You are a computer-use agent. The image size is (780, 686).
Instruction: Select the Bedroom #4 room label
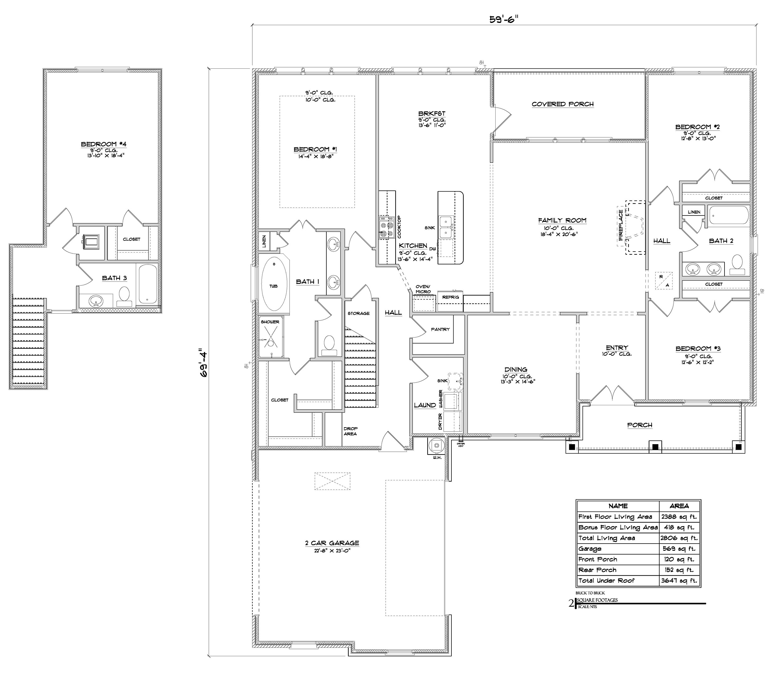pyautogui.click(x=103, y=144)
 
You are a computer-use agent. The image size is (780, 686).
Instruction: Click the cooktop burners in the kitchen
pyautogui.click(x=386, y=228)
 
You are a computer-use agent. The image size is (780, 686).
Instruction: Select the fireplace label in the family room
pyautogui.click(x=620, y=225)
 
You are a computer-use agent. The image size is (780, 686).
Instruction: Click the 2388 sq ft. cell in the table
pyautogui.click(x=679, y=517)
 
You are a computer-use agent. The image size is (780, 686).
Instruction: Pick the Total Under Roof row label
pyautogui.click(x=606, y=581)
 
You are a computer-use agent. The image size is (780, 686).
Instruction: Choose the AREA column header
pyautogui.click(x=679, y=506)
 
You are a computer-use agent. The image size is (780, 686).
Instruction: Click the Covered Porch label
pyautogui.click(x=562, y=104)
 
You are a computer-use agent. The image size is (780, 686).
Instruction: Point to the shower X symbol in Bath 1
pyautogui.click(x=271, y=337)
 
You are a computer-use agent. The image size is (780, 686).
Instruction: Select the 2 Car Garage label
pyautogui.click(x=332, y=543)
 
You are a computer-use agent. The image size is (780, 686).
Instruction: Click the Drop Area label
pyautogui.click(x=350, y=431)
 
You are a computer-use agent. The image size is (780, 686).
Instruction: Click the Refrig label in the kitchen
pyautogui.click(x=450, y=297)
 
